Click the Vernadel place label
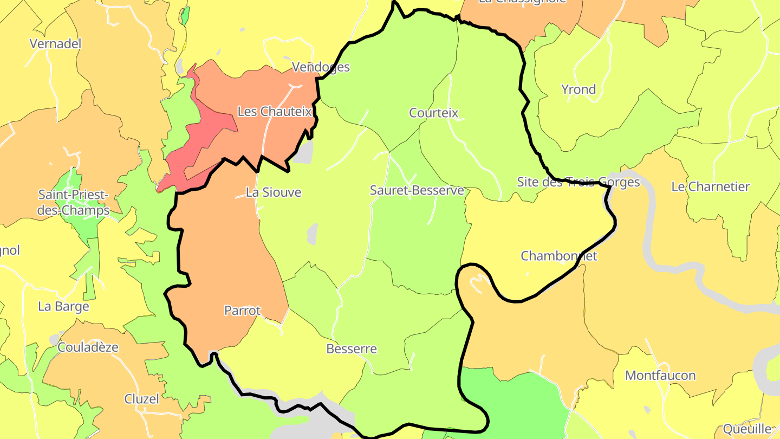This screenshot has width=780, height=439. [x=55, y=44]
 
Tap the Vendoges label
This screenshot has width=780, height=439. [x=321, y=67]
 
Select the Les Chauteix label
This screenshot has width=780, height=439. [x=275, y=112]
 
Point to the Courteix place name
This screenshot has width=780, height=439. [x=433, y=113]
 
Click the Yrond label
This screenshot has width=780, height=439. [x=578, y=89]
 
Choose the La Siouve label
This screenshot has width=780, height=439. [x=273, y=192]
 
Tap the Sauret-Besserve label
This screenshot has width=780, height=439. [x=417, y=190]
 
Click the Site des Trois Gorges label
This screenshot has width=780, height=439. [x=578, y=182]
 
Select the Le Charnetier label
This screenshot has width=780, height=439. [x=710, y=187]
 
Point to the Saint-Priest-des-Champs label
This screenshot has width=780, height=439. [x=73, y=202]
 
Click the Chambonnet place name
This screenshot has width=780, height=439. [x=558, y=256]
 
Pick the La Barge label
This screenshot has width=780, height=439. [x=63, y=307]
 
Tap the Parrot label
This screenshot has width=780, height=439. [x=242, y=311]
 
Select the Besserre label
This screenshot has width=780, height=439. [x=351, y=349]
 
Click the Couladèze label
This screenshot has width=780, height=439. [x=88, y=347]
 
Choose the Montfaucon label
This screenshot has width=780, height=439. [x=660, y=376]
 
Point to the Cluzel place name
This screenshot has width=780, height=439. [x=142, y=399]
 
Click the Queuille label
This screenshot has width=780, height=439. [x=746, y=429]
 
